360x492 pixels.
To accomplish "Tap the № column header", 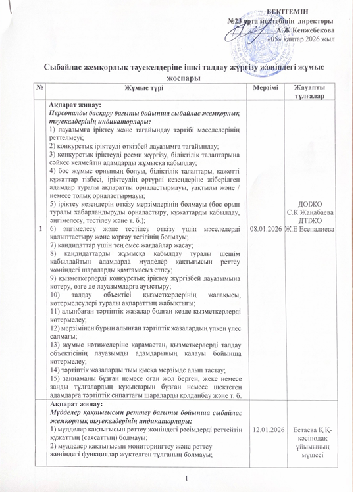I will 23,87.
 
